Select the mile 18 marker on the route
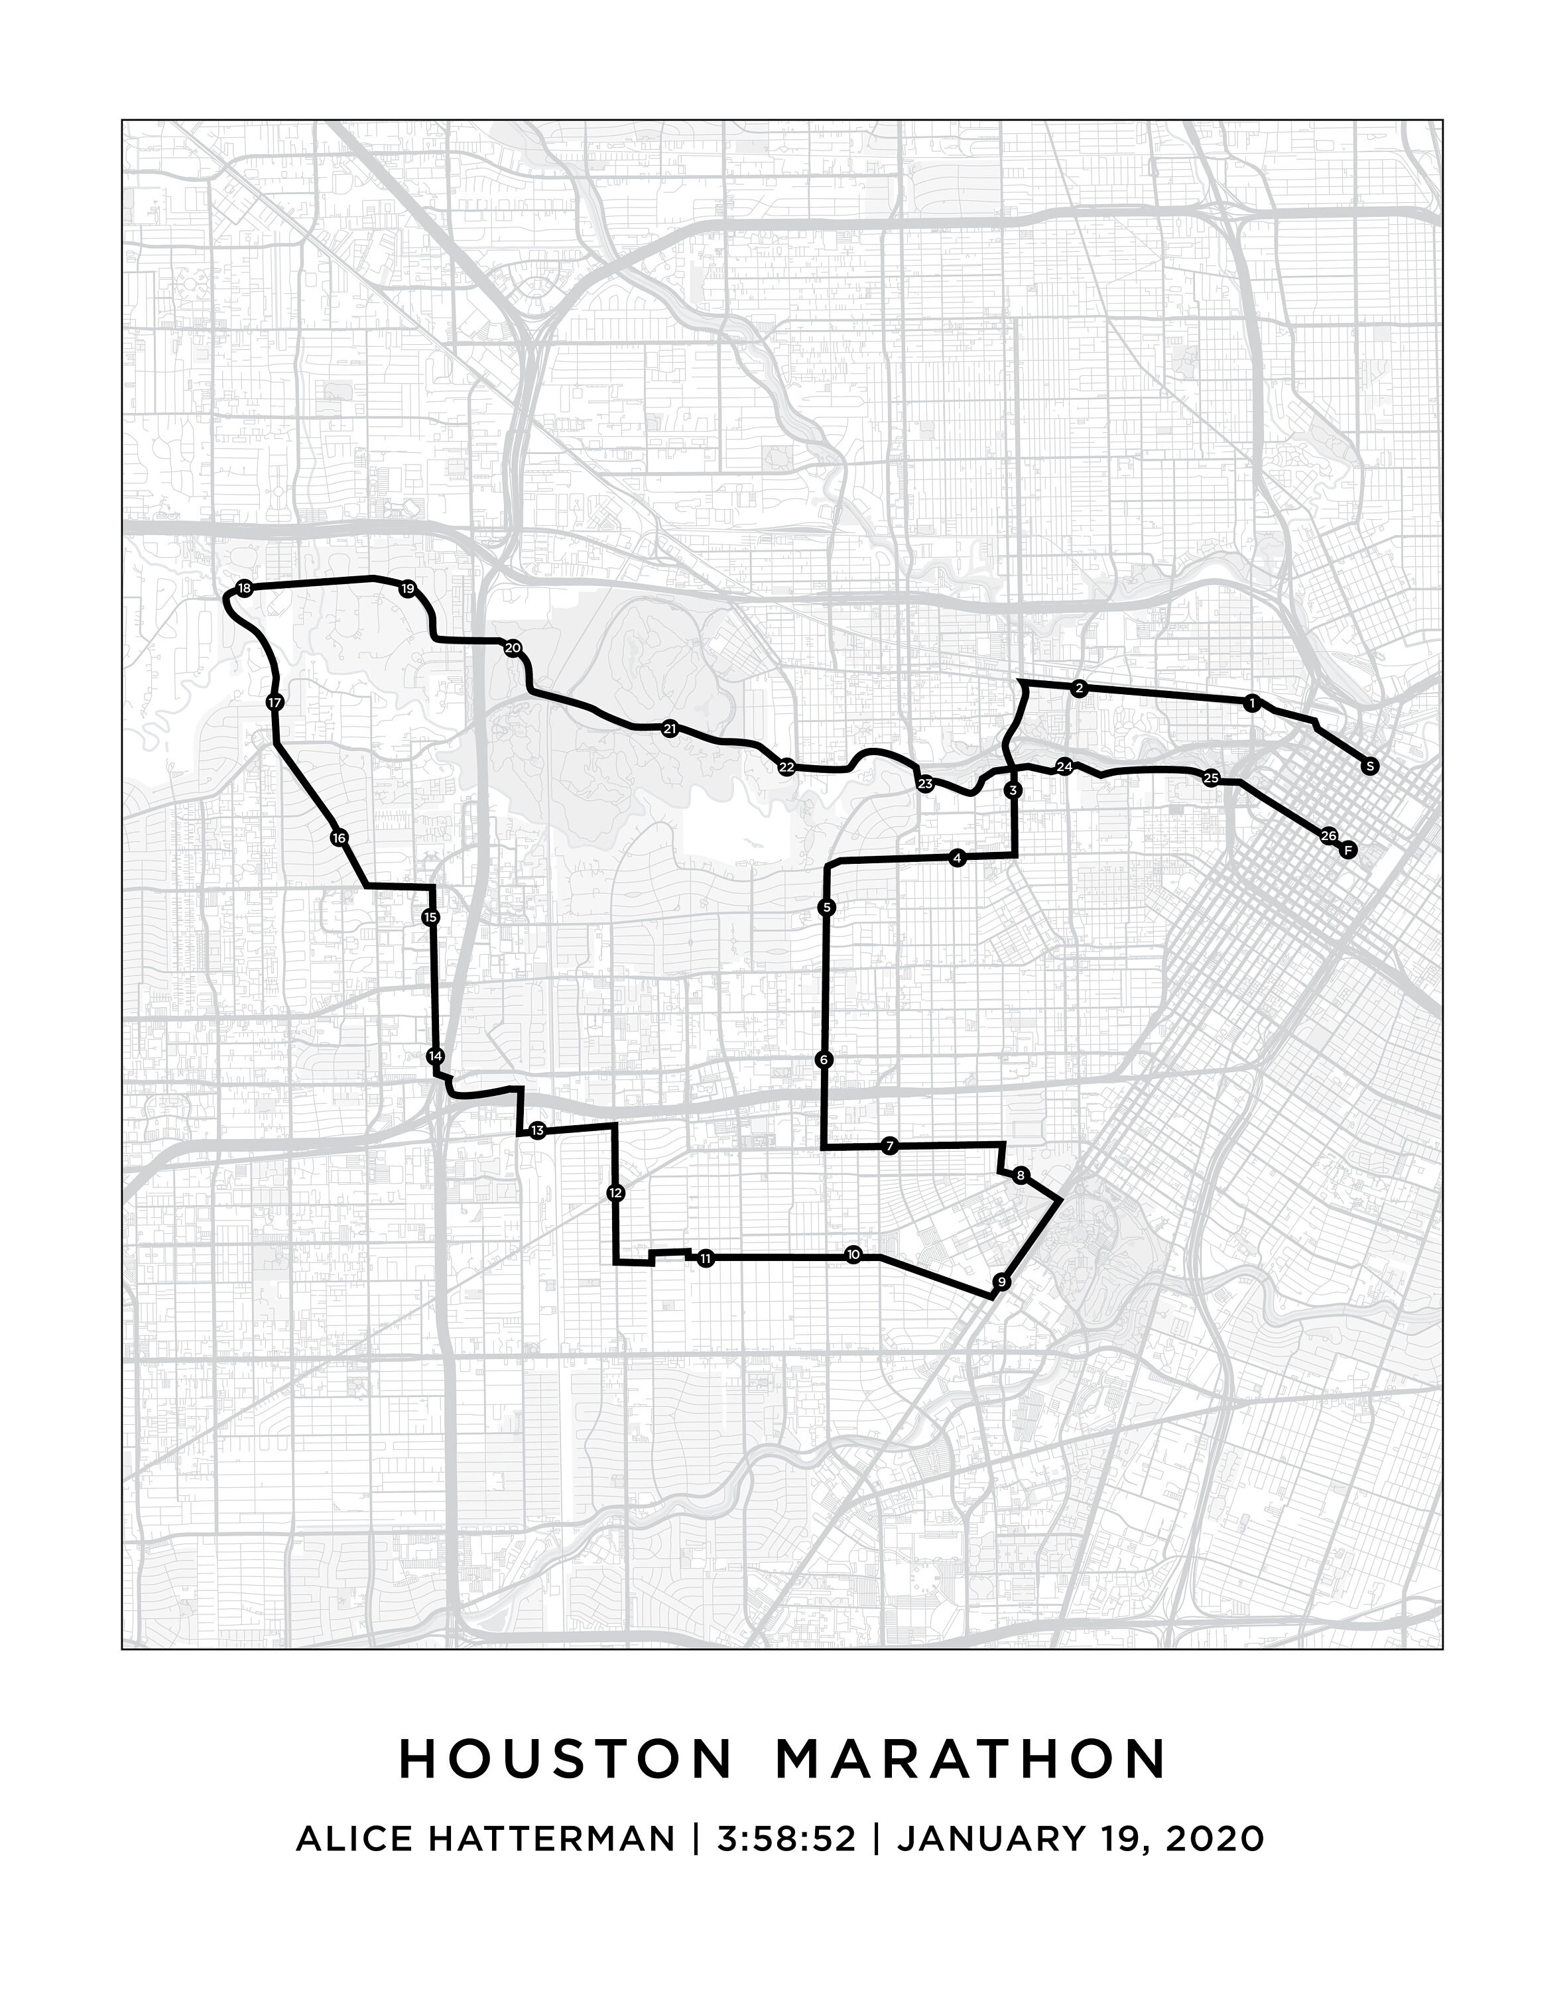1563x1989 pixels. pos(243,588)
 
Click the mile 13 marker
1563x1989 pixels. pos(537,1132)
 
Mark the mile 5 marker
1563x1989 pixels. pos(826,908)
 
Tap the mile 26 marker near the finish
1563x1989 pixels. pos(1329,835)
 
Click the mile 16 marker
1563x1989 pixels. pos(340,838)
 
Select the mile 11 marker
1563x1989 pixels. pos(705,1259)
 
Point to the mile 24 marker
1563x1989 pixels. pos(1064,766)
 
